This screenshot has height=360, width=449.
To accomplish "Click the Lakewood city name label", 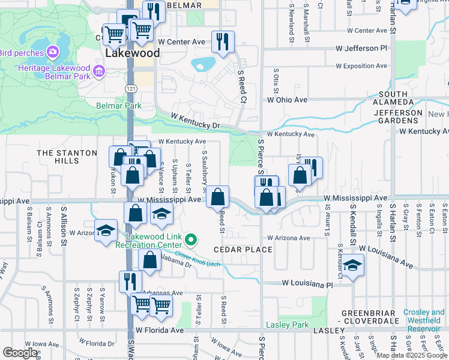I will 133,53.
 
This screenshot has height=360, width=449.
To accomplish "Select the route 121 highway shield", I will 130,89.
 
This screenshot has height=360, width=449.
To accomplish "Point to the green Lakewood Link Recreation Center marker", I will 191,241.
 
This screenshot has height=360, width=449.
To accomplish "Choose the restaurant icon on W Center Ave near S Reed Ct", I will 223,41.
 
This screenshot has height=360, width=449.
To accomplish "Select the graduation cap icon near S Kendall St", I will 353,264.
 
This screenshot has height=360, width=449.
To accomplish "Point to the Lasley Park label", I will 288,325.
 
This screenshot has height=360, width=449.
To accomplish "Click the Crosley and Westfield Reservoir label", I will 424,316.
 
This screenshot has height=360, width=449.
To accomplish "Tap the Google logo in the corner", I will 20,353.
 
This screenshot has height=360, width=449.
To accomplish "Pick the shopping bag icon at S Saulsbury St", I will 217,196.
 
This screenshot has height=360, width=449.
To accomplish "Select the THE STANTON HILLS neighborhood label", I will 67,157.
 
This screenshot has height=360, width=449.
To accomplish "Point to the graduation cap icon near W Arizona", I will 106,230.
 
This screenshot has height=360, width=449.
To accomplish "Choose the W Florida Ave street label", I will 159,330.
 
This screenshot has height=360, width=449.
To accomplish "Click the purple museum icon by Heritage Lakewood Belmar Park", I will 99,73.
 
